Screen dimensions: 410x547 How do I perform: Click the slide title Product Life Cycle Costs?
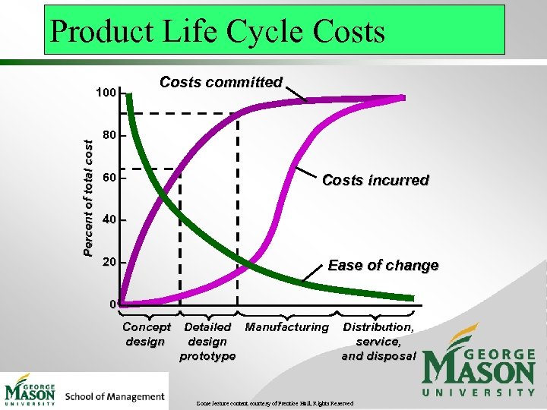[x=217, y=31]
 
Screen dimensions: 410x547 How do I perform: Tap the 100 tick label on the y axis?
[x=106, y=93]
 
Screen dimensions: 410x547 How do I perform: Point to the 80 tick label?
[x=109, y=136]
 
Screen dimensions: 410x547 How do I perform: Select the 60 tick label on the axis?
[x=109, y=178]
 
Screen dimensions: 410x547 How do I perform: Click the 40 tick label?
[x=109, y=220]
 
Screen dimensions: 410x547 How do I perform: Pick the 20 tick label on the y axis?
[x=109, y=262]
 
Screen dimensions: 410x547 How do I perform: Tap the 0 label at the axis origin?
[x=112, y=304]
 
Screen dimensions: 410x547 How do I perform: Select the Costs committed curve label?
[x=220, y=82]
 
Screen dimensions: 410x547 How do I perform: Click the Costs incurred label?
[x=375, y=180]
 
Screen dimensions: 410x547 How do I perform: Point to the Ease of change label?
[x=383, y=265]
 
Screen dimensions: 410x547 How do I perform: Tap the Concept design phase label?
[x=147, y=334]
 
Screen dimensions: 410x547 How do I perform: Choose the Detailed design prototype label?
[x=207, y=341]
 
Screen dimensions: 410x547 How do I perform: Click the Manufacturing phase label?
[x=286, y=327]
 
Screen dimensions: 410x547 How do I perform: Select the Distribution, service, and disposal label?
[x=378, y=341]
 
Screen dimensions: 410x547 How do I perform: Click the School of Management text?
[x=115, y=396]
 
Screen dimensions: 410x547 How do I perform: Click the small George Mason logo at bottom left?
[x=30, y=390]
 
